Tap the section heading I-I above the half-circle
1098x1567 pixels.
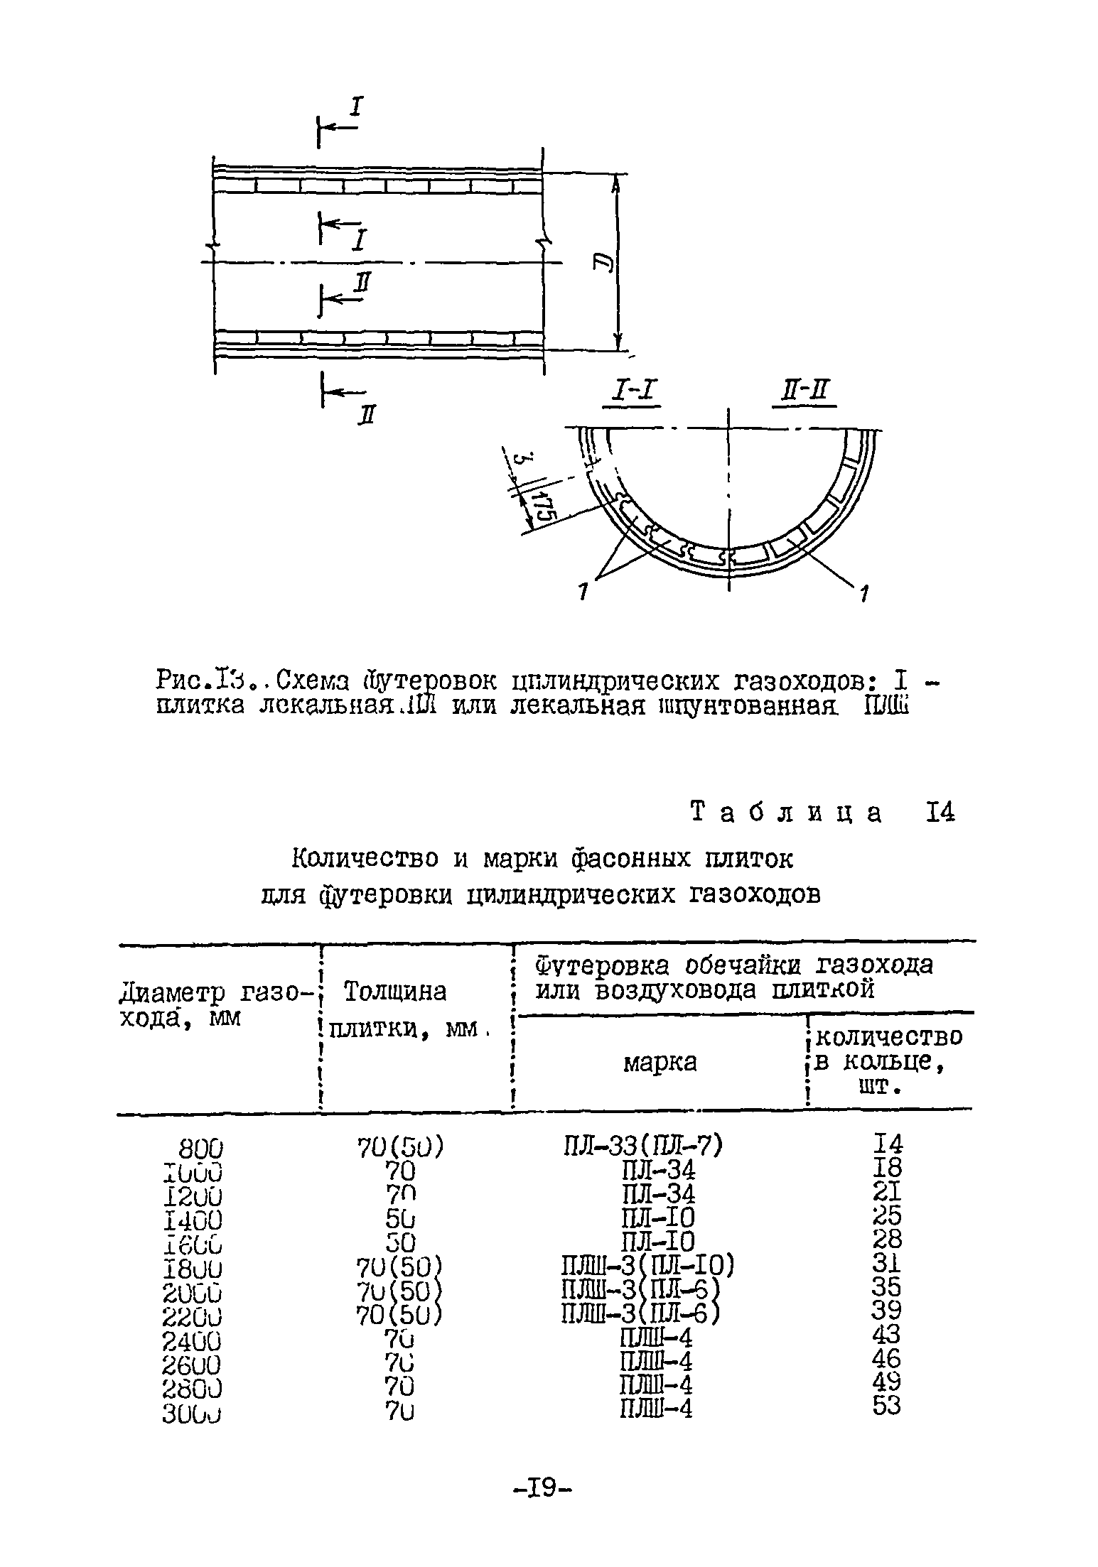click(x=631, y=391)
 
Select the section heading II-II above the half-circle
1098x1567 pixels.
click(x=804, y=391)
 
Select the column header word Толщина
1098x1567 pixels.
click(x=395, y=992)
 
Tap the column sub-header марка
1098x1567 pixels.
click(x=660, y=1063)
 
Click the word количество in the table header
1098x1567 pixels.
click(x=889, y=1037)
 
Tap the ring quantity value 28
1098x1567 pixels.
click(x=887, y=1240)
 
